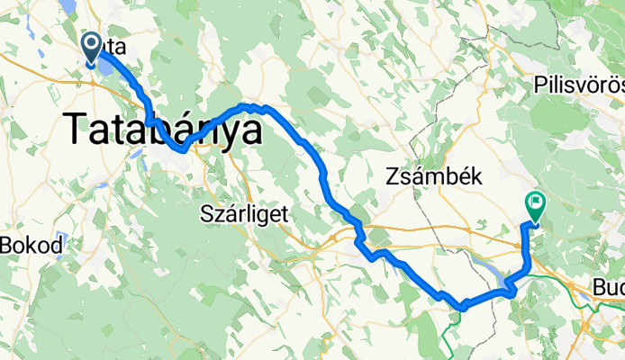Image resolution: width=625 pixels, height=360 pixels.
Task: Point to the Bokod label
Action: (x=32, y=245)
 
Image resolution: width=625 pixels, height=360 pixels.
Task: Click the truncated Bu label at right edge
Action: (x=608, y=288)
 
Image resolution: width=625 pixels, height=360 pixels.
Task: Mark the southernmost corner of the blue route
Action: (x=461, y=307)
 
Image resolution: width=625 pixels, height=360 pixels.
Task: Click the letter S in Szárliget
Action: (x=204, y=214)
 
